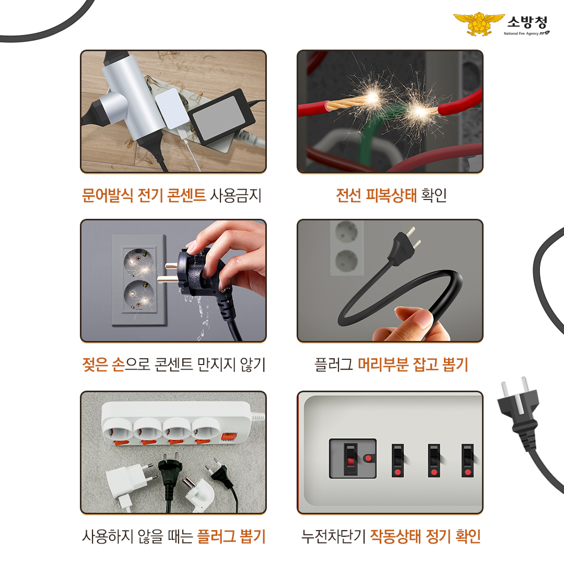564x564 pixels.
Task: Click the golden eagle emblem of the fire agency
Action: coord(479,23)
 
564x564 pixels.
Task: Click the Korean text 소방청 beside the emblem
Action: coord(527,22)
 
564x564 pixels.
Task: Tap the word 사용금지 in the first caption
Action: coord(236,195)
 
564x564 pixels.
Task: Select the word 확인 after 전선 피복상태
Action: coord(434,195)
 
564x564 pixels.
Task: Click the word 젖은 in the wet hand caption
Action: coord(95,365)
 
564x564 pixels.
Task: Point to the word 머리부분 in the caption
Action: coord(383,365)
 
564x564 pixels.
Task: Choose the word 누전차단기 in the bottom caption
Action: coord(333,536)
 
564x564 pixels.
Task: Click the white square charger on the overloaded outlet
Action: coord(170,108)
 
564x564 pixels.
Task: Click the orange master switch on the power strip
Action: coord(228,437)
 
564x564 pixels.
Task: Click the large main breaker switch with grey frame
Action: coord(352,459)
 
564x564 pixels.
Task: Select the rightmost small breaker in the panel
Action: coord(467,461)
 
